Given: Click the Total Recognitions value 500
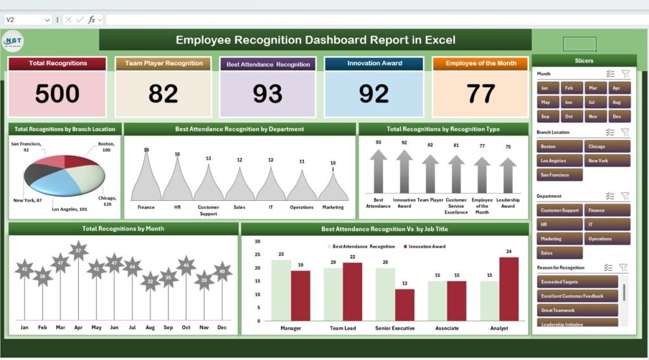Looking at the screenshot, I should coord(57,94).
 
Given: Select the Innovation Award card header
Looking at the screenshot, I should coord(374,63).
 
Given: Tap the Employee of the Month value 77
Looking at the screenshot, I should coord(480,94).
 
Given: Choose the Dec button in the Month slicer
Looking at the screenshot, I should coord(619,117).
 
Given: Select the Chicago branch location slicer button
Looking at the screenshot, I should coord(607,146).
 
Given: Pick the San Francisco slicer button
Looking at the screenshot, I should coord(560,175).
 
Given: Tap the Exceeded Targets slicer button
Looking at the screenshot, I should coord(577,282).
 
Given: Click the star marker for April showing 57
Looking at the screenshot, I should coord(78,251).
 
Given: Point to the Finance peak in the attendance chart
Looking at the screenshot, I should coord(146,177).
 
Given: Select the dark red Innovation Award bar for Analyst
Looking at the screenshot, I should coord(508,288).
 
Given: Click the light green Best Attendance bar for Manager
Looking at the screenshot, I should coord(281,290).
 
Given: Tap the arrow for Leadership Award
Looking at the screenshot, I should coord(508,175).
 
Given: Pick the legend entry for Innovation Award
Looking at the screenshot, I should coord(426,247).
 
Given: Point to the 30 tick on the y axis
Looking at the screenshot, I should coord(257,241).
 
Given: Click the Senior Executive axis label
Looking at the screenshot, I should coord(394,328).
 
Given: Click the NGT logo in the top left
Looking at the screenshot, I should coord(13,39).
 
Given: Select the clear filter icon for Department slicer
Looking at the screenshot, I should coord(625,196).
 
